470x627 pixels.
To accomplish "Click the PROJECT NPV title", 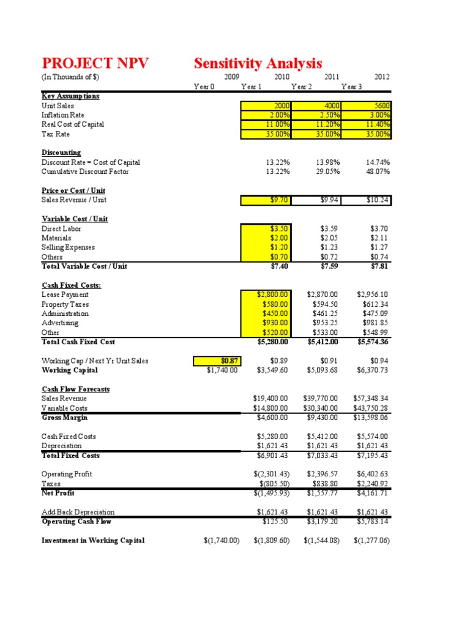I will (95, 63).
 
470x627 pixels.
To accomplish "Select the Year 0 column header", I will (204, 87).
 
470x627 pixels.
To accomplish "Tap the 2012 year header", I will (382, 77).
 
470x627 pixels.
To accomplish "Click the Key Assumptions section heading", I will (70, 96).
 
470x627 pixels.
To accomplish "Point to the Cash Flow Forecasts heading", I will (75, 389).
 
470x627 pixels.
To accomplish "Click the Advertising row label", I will (60, 323).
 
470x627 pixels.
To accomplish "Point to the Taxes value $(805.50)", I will (271, 483).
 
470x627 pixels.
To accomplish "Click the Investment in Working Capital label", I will (93, 541).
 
